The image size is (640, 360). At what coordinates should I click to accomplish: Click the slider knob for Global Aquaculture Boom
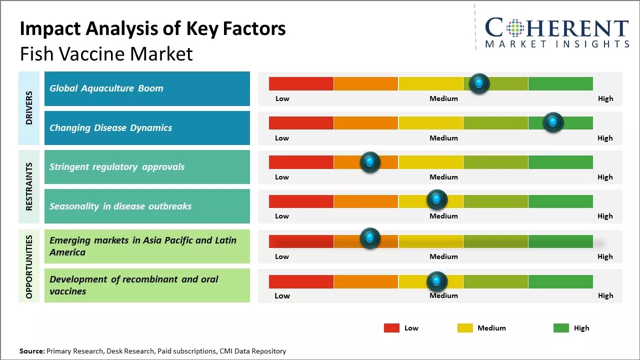pyautogui.click(x=479, y=83)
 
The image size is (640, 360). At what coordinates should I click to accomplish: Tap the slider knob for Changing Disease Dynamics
pyautogui.click(x=553, y=122)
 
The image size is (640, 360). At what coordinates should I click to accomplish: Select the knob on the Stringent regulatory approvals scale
pyautogui.click(x=370, y=162)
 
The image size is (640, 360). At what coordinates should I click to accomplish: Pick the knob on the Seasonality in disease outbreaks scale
pyautogui.click(x=437, y=199)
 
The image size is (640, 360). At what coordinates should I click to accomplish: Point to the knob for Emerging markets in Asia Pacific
pyautogui.click(x=370, y=238)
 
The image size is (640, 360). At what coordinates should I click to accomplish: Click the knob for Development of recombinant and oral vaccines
pyautogui.click(x=437, y=281)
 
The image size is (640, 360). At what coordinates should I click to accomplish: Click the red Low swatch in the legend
pyautogui.click(x=391, y=328)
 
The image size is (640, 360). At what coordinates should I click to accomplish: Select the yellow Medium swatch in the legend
pyautogui.click(x=465, y=328)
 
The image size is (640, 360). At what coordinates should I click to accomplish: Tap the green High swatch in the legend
pyautogui.click(x=561, y=328)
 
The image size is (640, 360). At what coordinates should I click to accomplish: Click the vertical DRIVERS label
pyautogui.click(x=29, y=108)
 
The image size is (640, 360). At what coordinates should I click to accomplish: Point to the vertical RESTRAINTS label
pyautogui.click(x=29, y=186)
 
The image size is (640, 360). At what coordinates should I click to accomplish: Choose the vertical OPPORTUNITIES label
pyautogui.click(x=29, y=266)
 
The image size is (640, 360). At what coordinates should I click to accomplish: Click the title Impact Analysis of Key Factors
pyautogui.click(x=152, y=28)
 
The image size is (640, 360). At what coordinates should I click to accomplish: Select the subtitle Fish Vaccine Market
pyautogui.click(x=106, y=54)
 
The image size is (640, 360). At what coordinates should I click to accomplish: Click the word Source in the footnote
pyautogui.click(x=31, y=351)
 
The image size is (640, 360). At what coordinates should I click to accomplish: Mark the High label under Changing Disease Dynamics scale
pyautogui.click(x=605, y=138)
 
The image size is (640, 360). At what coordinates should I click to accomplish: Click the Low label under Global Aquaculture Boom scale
pyautogui.click(x=282, y=98)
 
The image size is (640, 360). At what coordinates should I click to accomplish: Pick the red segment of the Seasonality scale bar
pyautogui.click(x=301, y=201)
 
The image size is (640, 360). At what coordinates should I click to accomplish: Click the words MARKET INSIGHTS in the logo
pyautogui.click(x=557, y=44)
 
